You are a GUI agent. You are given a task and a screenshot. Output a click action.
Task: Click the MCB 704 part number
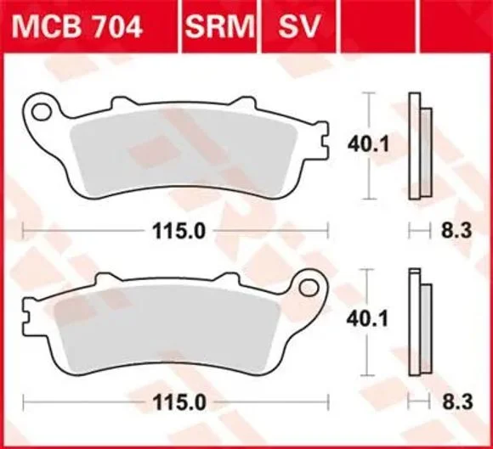click(x=77, y=26)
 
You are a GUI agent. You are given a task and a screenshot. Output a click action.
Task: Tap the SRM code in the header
click(x=219, y=26)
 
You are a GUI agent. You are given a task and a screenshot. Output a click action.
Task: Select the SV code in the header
click(x=298, y=26)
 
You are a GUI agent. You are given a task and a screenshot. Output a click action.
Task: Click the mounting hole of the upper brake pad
click(x=41, y=112)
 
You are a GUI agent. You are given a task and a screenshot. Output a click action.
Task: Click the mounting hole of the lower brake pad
click(x=309, y=288)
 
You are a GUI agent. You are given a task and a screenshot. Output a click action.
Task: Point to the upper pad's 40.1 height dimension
click(x=368, y=145)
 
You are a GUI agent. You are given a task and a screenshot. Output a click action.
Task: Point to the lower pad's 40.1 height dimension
click(x=367, y=319)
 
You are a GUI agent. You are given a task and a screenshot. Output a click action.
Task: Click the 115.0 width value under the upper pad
click(x=178, y=232)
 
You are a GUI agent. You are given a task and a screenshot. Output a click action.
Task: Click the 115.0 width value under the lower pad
click(x=179, y=402)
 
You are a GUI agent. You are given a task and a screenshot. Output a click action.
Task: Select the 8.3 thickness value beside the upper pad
click(x=456, y=231)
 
